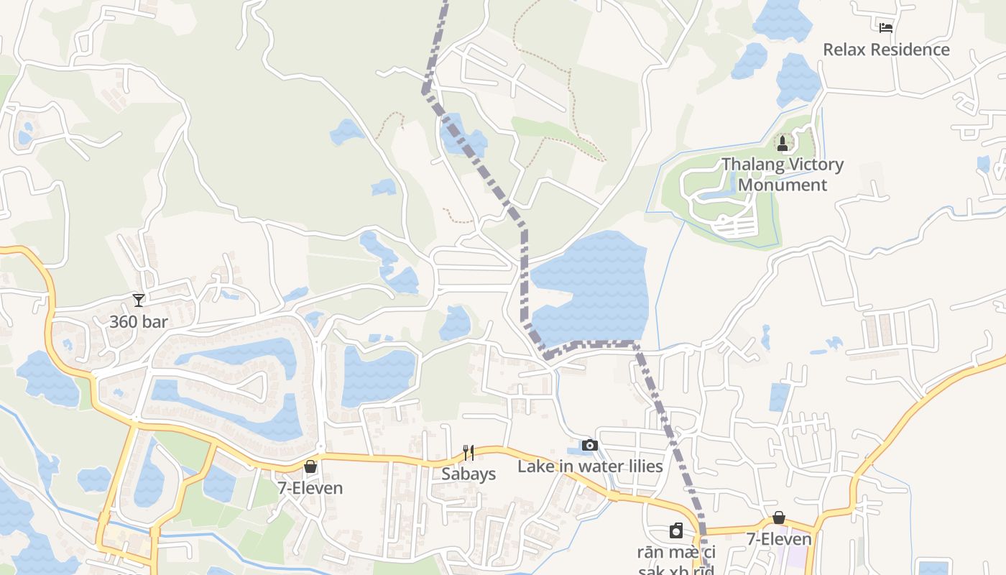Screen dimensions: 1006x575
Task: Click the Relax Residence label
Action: [x=885, y=50]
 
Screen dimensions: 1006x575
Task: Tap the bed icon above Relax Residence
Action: [x=886, y=28]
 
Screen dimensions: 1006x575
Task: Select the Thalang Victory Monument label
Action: [x=783, y=174]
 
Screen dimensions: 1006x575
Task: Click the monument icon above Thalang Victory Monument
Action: [x=783, y=144]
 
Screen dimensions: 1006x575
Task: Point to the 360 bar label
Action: [x=138, y=321]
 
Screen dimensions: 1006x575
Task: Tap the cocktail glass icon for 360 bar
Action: [x=139, y=300]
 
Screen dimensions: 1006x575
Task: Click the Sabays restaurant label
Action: [x=469, y=474]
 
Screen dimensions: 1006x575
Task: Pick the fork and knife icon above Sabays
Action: [x=469, y=452]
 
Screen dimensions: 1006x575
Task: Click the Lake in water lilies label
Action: [x=590, y=466]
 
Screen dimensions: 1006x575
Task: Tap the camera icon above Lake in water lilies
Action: [x=590, y=445]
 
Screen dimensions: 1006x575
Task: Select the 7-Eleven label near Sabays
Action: [x=310, y=488]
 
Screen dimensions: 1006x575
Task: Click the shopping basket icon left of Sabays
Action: [x=310, y=466]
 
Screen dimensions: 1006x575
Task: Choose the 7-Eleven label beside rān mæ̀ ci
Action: [x=779, y=539]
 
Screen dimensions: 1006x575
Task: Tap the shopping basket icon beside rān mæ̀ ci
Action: [x=779, y=517]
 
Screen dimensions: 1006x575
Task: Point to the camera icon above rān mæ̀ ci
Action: [x=676, y=530]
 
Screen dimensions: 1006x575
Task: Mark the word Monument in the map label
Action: [x=783, y=185]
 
